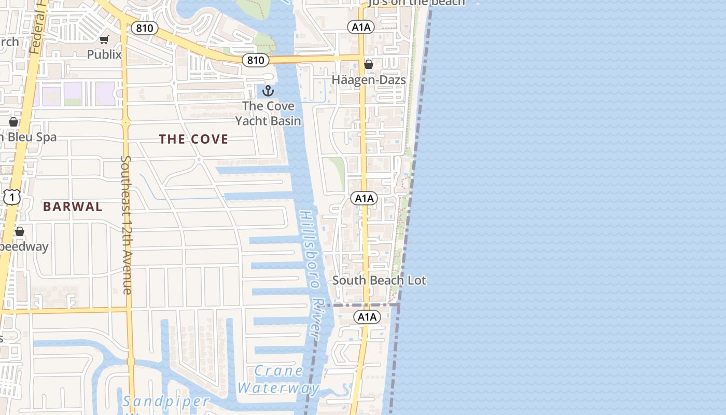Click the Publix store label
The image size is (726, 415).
(x=104, y=54)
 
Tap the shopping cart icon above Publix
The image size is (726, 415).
(x=104, y=39)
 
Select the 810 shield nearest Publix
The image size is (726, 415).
(x=144, y=28)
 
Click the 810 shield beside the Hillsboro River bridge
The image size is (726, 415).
(x=256, y=60)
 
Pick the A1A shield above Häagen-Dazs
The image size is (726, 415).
(x=361, y=27)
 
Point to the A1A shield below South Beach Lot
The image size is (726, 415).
(x=367, y=317)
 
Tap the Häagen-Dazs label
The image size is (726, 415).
(x=368, y=80)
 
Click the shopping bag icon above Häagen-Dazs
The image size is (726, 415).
(x=369, y=64)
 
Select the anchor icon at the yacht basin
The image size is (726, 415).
(x=268, y=91)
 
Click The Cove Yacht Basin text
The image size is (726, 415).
(x=268, y=114)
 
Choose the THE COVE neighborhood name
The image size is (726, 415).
(x=193, y=139)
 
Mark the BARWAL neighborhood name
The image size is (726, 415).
(x=73, y=206)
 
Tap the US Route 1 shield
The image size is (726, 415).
(x=12, y=197)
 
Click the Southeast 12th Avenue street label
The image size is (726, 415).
(x=126, y=224)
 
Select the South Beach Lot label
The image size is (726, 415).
(x=379, y=281)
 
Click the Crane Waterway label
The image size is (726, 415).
(x=278, y=379)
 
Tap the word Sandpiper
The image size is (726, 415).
(x=166, y=401)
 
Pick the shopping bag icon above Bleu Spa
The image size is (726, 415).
(x=13, y=122)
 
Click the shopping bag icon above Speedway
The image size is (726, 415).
(x=20, y=231)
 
